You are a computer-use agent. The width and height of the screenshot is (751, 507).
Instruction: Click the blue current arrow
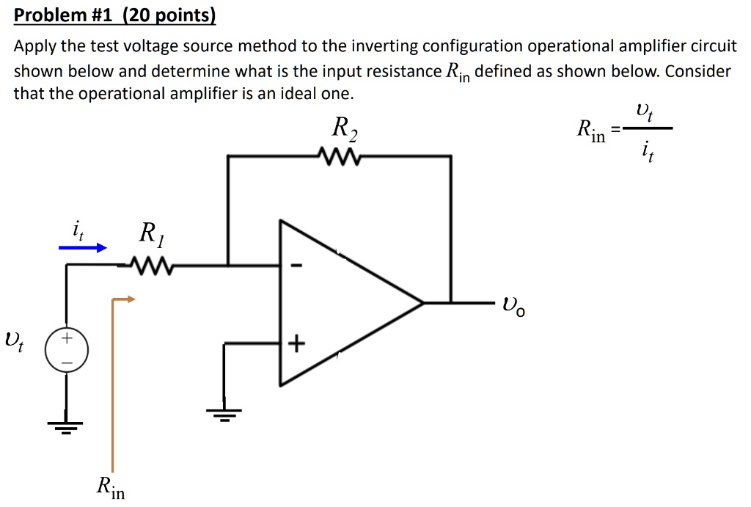click(x=82, y=248)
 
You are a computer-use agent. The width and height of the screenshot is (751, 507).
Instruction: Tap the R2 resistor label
click(x=345, y=130)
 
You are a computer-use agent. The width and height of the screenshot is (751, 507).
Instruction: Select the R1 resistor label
click(x=152, y=236)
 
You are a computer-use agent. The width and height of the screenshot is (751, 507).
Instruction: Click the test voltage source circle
click(x=67, y=351)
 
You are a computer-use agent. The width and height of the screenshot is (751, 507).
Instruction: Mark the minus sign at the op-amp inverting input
click(x=296, y=266)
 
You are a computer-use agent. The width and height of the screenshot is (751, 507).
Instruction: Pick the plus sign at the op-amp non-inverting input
click(x=296, y=344)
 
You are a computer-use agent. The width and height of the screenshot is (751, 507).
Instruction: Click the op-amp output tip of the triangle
click(x=423, y=302)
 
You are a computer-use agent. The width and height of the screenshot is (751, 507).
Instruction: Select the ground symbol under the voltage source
click(x=67, y=426)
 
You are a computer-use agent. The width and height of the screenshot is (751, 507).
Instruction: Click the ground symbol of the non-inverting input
click(x=226, y=415)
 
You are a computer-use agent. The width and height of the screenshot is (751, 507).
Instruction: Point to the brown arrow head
click(x=130, y=299)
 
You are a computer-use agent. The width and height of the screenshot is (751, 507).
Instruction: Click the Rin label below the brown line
click(x=110, y=487)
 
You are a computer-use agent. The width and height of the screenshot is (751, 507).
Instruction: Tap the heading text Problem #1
click(x=62, y=15)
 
